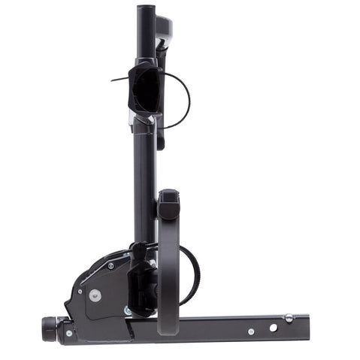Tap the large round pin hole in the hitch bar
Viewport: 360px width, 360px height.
(272, 328)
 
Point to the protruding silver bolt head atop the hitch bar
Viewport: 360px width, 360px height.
(289, 317)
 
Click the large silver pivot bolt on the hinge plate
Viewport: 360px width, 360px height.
(94, 295)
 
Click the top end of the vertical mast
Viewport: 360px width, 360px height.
(145, 11)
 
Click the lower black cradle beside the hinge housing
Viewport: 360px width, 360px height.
(141, 284)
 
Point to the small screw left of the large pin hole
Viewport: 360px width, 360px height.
(251, 331)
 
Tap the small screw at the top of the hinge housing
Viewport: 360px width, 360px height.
(110, 265)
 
